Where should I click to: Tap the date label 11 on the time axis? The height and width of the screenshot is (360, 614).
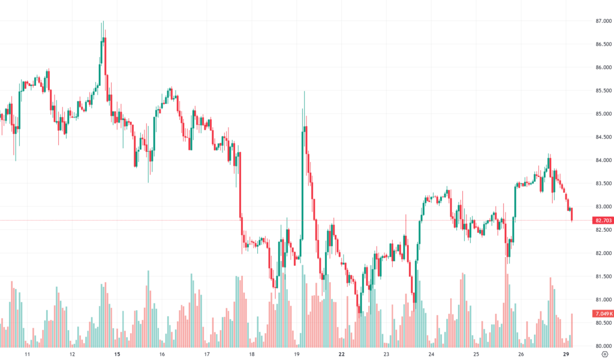(x=28, y=354)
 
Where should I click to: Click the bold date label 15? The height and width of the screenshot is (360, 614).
(x=117, y=354)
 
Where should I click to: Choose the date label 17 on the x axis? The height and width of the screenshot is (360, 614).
(x=207, y=354)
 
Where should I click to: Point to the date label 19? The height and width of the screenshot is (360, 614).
(x=297, y=354)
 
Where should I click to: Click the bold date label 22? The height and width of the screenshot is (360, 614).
(x=341, y=354)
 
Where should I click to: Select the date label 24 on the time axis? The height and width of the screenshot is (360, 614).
(x=431, y=354)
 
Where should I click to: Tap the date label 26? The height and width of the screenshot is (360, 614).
(x=521, y=354)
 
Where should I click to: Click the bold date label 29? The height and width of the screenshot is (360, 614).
(x=566, y=354)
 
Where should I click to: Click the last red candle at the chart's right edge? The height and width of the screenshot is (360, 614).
(x=572, y=214)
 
